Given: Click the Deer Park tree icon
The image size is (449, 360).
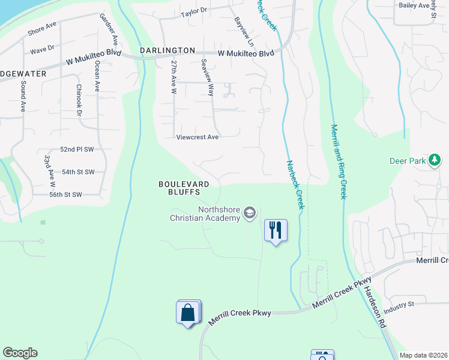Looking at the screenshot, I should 435,160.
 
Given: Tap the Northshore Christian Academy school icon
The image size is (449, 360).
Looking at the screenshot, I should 250,213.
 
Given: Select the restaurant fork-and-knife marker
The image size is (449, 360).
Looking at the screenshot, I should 276,230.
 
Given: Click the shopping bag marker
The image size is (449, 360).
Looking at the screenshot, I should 188,312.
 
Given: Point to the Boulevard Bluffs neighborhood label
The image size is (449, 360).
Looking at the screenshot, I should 184,188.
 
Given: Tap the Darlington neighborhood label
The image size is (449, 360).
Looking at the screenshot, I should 167,51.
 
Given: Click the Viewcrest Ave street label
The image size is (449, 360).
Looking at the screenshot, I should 197,137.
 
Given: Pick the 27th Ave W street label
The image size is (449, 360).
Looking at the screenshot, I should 173,77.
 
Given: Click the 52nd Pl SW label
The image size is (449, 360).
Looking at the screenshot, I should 77,149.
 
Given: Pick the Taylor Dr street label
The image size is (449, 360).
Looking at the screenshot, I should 194,11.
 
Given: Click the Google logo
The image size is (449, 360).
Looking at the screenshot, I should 20,353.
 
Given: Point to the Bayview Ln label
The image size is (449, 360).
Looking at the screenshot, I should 244,32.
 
